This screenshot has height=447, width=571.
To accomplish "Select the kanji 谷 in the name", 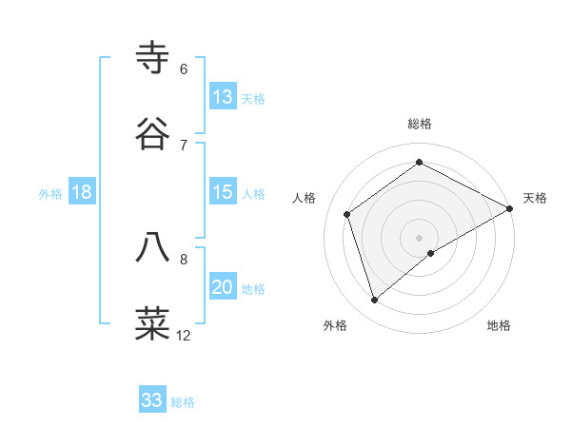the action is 153,134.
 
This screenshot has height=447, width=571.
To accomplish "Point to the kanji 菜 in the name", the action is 153,323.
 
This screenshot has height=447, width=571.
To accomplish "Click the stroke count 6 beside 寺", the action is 184,69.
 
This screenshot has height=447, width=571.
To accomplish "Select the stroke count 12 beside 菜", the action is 184,335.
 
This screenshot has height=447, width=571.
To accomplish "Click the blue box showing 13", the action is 223,97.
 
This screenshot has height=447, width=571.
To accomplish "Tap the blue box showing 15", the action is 223,192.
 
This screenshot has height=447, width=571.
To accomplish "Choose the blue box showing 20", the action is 223,287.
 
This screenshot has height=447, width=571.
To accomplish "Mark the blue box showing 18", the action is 82,192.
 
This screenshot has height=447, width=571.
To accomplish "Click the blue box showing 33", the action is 152,400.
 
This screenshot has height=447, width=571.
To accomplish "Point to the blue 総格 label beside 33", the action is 183,402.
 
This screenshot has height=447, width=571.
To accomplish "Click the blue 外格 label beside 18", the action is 50,194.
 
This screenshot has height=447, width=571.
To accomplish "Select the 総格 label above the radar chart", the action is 420,124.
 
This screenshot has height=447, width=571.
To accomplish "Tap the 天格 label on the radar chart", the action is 535,198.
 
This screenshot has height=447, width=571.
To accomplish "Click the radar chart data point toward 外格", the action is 374,301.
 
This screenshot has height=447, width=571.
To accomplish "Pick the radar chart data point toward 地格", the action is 431,253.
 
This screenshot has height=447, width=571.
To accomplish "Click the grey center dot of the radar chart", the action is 420,237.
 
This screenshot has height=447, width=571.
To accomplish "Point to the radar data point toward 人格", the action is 347,214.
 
